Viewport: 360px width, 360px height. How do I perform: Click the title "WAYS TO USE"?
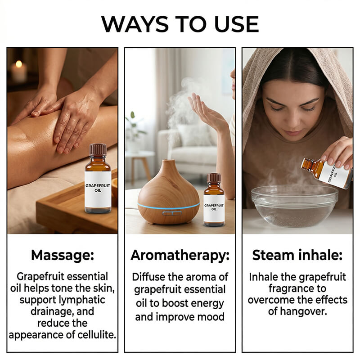click(x=180, y=24)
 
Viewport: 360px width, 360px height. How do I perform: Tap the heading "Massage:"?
click(x=63, y=255)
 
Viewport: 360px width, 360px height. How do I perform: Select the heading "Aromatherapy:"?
click(x=180, y=255)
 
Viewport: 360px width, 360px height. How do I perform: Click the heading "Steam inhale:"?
click(x=297, y=255)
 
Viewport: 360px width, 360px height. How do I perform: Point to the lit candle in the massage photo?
click(x=19, y=71)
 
